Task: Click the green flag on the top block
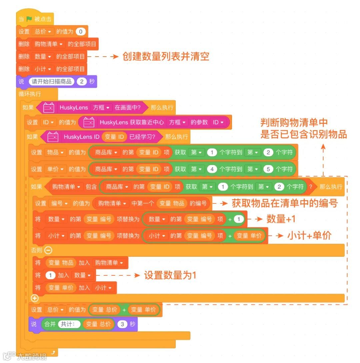[x=29, y=19]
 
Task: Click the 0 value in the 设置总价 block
[x=80, y=32]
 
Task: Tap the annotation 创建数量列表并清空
[x=166, y=56]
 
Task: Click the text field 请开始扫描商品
[x=52, y=82]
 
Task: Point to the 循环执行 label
[x=30, y=94]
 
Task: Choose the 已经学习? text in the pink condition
[x=142, y=137]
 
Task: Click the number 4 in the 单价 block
[x=212, y=169]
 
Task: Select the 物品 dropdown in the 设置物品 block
[x=55, y=152]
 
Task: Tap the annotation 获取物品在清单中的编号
[x=285, y=203]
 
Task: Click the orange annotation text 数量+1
[x=281, y=219]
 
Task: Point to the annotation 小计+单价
[x=309, y=235]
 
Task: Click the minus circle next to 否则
[x=48, y=250]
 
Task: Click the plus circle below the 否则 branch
[x=35, y=298]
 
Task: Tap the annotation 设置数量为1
[x=170, y=275]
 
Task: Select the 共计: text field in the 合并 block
[x=69, y=324]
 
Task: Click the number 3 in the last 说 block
[x=122, y=324]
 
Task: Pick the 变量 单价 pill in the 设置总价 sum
[x=143, y=310]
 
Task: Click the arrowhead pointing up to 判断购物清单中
[x=323, y=147]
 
